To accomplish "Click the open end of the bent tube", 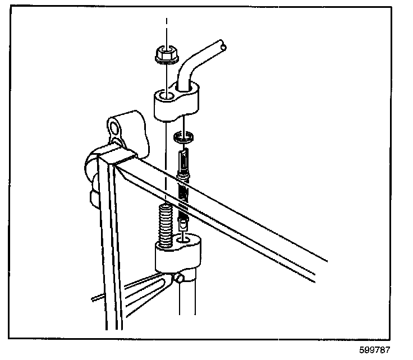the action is [224, 48].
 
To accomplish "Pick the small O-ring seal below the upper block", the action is [183, 137].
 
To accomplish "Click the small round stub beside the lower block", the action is [180, 278].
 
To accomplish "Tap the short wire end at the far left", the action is [97, 296].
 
